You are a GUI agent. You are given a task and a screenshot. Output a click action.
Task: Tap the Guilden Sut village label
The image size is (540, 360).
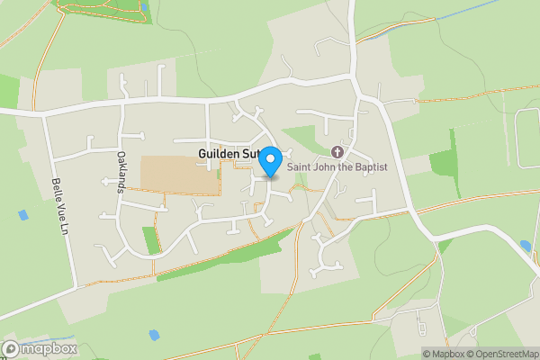227,155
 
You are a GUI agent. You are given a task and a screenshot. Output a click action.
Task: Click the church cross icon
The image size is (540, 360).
338,151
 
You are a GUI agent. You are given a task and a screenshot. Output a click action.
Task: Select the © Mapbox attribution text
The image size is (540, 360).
445,354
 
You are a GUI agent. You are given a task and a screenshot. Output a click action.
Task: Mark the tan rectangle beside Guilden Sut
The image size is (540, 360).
179,175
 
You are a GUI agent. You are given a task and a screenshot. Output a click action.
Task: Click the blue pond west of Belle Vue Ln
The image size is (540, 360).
22,216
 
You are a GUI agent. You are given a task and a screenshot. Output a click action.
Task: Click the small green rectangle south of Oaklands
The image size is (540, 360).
150,240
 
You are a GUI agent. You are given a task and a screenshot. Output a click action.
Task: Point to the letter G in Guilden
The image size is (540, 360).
202,155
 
